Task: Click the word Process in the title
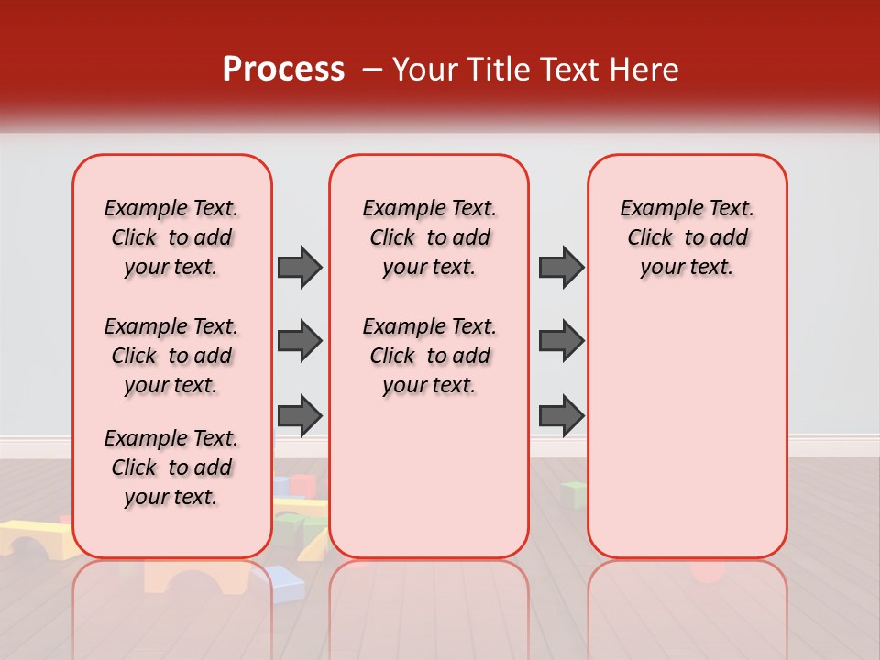pos(283,70)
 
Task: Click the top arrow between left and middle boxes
pos(300,267)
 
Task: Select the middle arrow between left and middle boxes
pos(300,341)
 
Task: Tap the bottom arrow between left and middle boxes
pos(300,415)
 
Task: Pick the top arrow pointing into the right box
pos(561,267)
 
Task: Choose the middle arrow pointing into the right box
pos(561,341)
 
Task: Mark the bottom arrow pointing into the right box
pos(561,415)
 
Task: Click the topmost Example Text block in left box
pos(171,237)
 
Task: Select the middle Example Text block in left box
pos(171,356)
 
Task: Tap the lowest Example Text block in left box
pos(171,467)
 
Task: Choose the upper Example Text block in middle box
pos(429,237)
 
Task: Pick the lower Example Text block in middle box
pos(429,356)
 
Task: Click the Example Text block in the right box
pos(687,237)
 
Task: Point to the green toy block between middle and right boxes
pos(573,494)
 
